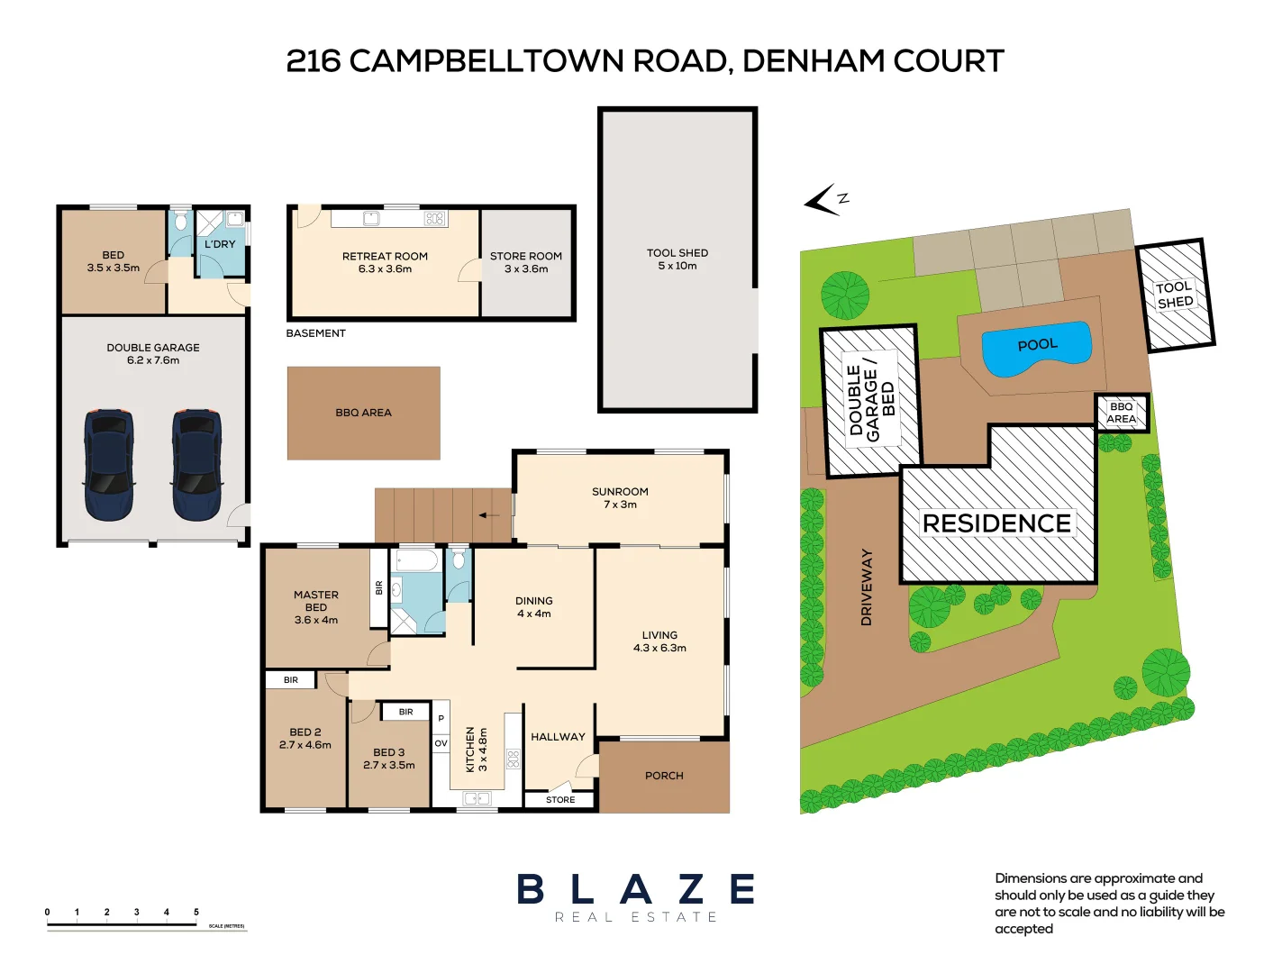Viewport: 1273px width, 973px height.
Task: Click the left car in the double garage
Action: [109, 465]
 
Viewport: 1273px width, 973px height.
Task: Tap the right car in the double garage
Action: [196, 465]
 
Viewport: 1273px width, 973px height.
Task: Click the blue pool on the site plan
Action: [1037, 348]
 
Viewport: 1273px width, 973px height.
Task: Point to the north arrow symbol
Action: [823, 200]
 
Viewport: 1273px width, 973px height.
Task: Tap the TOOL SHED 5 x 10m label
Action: [677, 259]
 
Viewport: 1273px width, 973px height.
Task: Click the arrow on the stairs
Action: [488, 515]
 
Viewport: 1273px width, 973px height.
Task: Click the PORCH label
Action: [664, 776]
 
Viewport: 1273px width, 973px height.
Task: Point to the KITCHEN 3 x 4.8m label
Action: [476, 750]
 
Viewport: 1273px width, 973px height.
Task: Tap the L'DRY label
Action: [220, 244]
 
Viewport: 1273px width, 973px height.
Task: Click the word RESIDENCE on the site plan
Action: [996, 523]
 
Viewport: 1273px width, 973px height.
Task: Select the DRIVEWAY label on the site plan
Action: [867, 587]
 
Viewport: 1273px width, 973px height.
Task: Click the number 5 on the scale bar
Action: [196, 913]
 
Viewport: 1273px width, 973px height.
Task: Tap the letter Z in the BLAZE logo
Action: [691, 890]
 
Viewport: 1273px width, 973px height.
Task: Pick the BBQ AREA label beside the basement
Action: [364, 413]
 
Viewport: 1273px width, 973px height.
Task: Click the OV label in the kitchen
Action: [441, 743]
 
